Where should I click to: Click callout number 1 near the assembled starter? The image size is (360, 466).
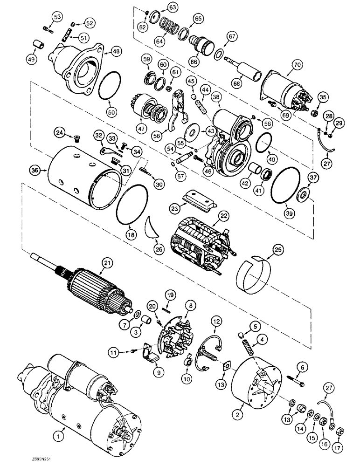58,437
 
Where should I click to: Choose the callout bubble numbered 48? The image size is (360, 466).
116,53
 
